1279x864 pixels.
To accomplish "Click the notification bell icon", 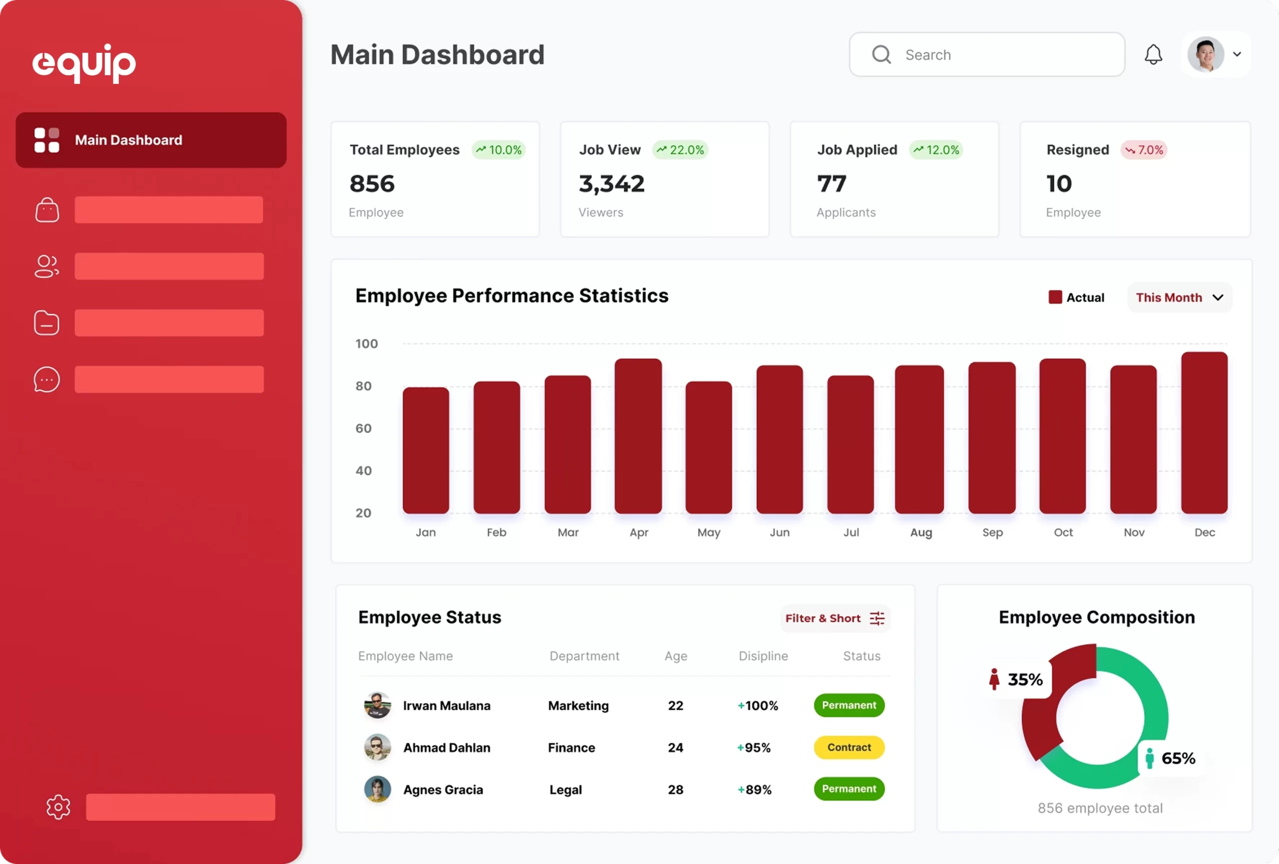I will (x=1153, y=54).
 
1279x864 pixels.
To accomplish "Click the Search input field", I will (x=987, y=54).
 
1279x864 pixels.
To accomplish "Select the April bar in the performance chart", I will (x=638, y=436).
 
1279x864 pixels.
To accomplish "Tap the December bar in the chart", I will (x=1204, y=432).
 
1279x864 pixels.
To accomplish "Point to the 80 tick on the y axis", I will (x=363, y=386).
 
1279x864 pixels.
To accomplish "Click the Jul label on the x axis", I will (x=851, y=533).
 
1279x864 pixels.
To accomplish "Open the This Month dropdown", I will (x=1179, y=297).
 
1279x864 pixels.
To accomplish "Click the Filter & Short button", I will (x=834, y=618).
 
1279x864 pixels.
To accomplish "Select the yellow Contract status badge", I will (x=849, y=747).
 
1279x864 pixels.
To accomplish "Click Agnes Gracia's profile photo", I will (x=378, y=789).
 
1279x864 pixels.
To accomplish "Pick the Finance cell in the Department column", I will (x=571, y=747).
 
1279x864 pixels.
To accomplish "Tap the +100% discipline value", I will (x=758, y=706).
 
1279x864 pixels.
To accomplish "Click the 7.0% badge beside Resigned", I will (x=1144, y=150).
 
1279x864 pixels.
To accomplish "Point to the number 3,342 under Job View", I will (x=612, y=184).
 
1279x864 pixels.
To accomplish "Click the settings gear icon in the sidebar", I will (x=58, y=807).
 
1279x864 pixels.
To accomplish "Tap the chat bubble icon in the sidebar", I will (x=47, y=379).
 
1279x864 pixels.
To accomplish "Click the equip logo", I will (x=84, y=63).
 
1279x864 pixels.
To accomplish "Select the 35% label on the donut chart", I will (x=1024, y=679).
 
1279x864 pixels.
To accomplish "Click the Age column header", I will (x=675, y=656).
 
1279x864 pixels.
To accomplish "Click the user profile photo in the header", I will (x=1205, y=54).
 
